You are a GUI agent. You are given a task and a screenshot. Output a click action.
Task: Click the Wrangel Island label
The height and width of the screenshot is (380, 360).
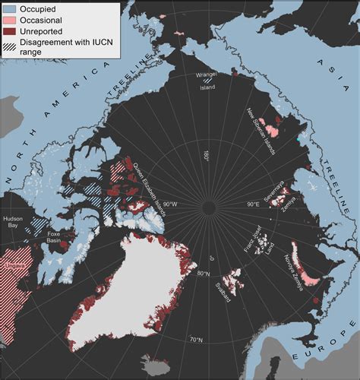(219, 81)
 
